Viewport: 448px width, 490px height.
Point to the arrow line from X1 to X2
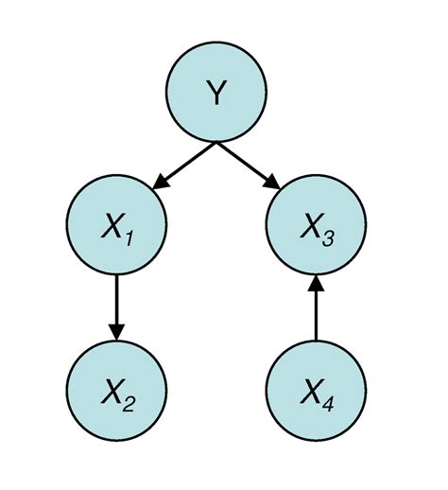click(x=116, y=301)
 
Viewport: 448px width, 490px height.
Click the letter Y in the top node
click(x=216, y=95)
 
